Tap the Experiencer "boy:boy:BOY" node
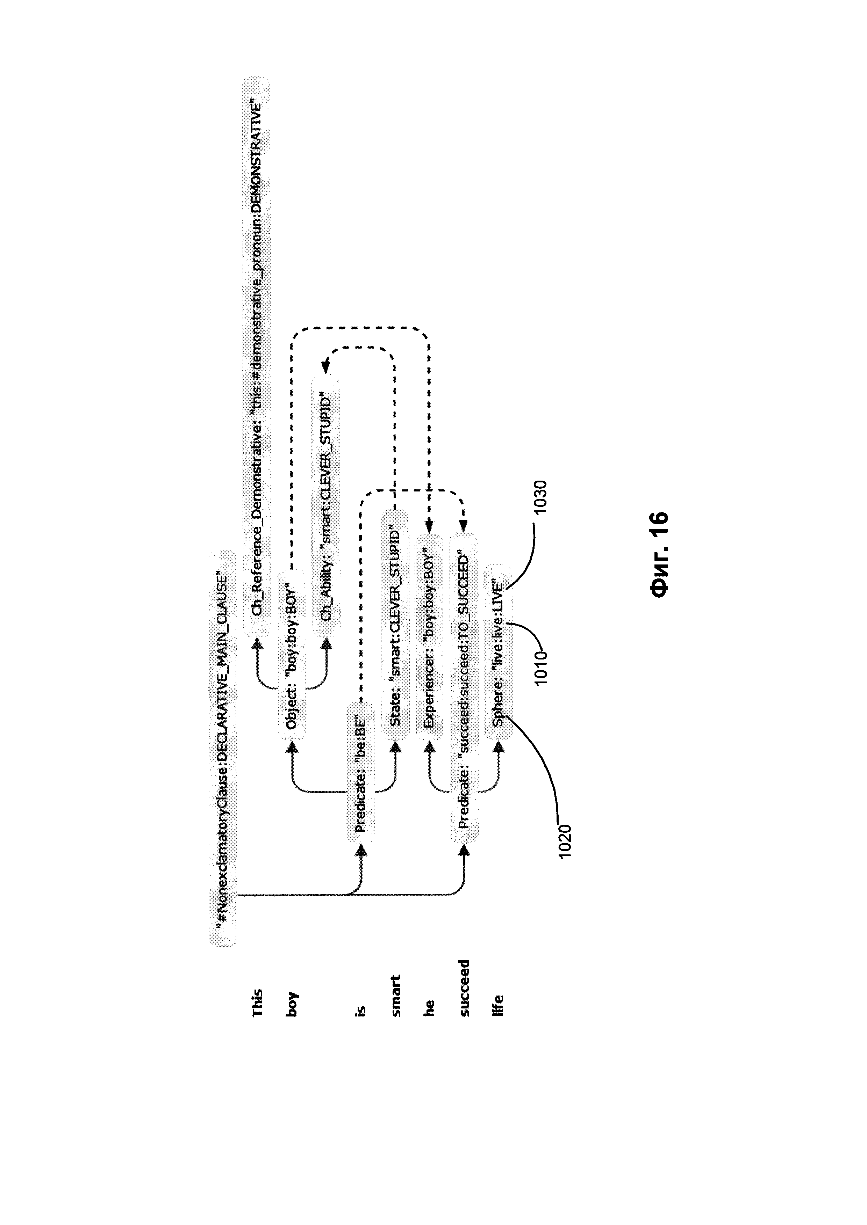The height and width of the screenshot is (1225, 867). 429,637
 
